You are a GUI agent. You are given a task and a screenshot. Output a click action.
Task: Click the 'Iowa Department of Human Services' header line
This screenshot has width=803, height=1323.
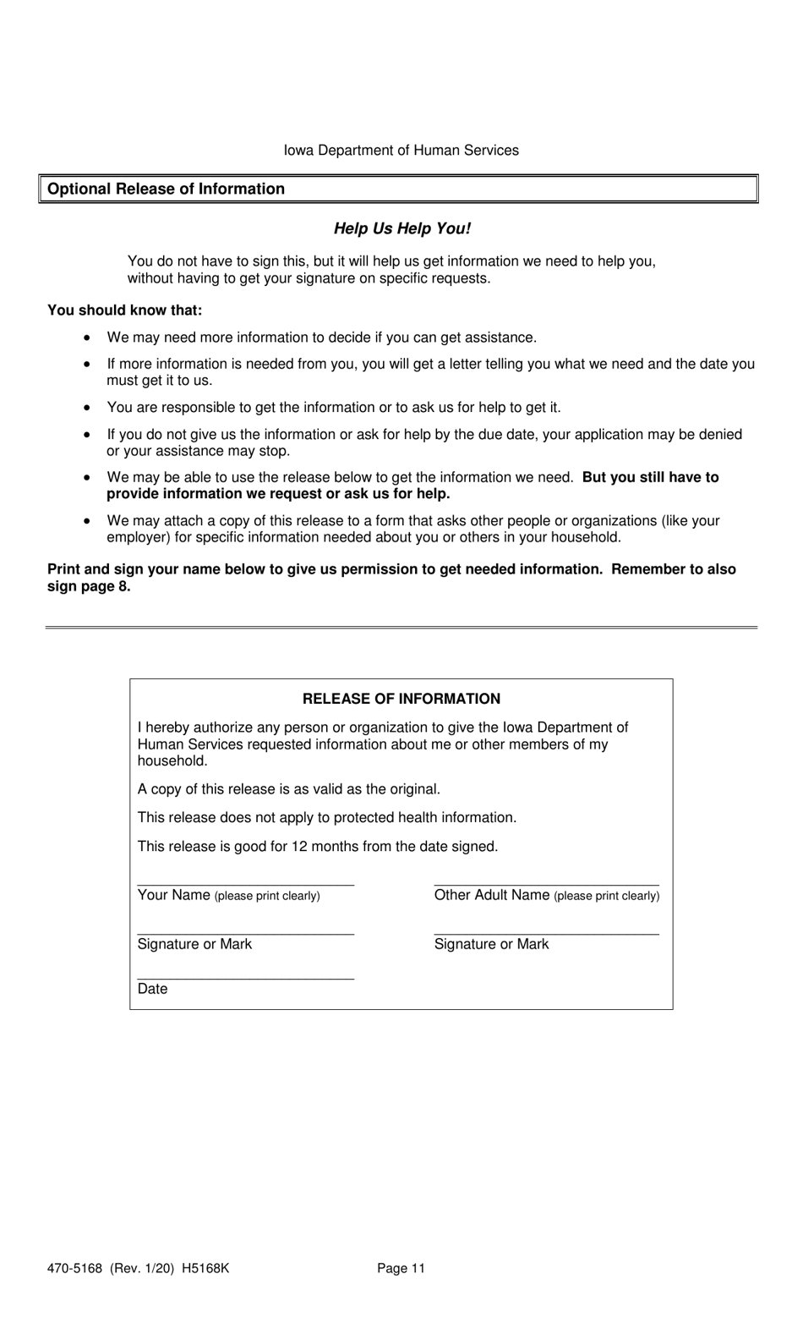[x=401, y=151]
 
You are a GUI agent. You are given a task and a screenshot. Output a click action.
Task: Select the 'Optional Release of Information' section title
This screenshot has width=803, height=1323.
[x=166, y=189]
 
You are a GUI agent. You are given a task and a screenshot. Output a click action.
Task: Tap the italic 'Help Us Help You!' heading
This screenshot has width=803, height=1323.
[x=401, y=228]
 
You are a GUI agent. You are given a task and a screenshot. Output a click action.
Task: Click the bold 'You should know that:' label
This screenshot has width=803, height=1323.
[x=124, y=310]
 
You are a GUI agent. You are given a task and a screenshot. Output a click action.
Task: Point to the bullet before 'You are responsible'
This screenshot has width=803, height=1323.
[x=87, y=408]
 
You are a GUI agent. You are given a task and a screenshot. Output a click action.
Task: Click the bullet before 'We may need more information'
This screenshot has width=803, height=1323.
[x=87, y=338]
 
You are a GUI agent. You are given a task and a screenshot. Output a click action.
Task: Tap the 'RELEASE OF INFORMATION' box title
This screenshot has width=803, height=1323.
[x=401, y=699]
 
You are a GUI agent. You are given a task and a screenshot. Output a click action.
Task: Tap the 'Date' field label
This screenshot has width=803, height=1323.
[x=152, y=989]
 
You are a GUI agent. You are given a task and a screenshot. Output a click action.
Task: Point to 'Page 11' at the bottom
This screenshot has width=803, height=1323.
[x=401, y=1268]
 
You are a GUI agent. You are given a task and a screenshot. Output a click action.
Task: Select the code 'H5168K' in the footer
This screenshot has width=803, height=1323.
[x=205, y=1268]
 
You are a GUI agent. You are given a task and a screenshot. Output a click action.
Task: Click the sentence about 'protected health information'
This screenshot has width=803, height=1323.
[x=326, y=818]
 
